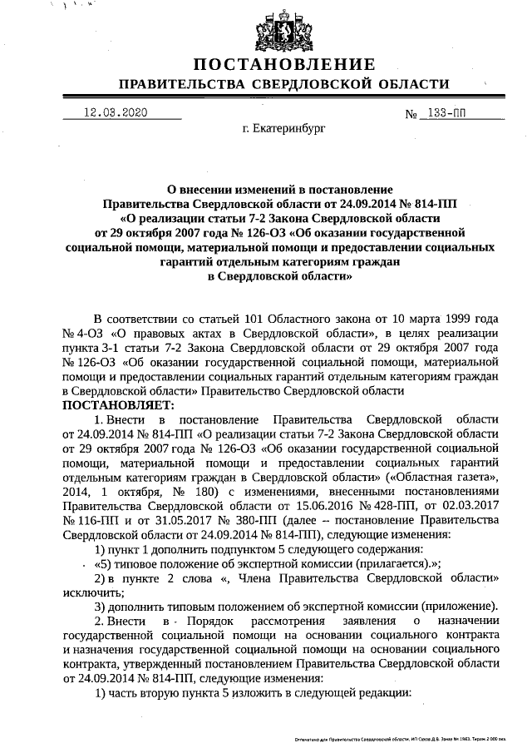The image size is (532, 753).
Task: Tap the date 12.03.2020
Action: tap(116, 111)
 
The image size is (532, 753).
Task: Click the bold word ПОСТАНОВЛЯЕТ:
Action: tap(117, 405)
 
